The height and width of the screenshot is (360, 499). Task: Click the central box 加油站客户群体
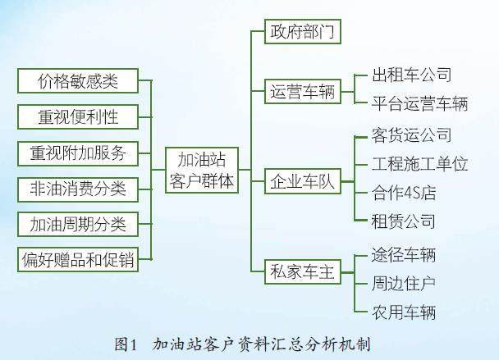202,170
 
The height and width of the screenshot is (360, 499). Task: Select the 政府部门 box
303,31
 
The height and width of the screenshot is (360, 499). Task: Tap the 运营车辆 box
303,92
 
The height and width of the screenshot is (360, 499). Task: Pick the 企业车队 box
303,181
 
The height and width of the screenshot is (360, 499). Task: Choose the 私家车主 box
303,271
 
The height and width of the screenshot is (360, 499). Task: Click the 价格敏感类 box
78,81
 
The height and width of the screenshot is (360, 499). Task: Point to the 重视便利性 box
78,116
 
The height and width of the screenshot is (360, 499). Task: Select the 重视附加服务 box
78,153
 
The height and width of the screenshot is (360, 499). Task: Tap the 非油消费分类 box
78,189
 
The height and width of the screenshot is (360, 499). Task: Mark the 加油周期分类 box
78,225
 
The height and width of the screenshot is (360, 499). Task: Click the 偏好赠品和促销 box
78,259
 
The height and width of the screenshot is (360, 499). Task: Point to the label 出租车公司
412,75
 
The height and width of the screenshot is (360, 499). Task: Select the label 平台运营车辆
419,103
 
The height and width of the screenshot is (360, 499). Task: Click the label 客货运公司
412,135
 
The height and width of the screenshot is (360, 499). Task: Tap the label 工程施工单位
419,164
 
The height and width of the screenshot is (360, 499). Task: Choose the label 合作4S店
404,193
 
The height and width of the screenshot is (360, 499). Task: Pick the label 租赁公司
404,221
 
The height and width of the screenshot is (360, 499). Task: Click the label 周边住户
404,284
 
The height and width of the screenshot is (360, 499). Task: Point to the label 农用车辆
404,312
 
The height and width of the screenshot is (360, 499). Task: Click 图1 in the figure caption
126,344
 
